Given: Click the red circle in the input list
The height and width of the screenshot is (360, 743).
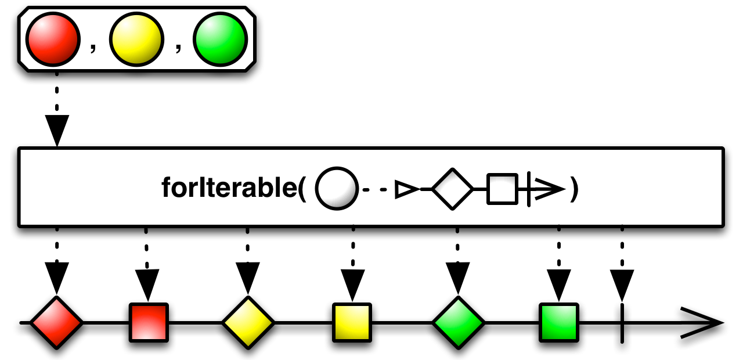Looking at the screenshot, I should [52, 39].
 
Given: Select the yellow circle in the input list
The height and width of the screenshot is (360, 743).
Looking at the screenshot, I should [136, 39].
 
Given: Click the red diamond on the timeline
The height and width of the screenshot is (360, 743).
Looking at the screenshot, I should [56, 322].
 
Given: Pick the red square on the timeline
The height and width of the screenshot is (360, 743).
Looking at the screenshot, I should [149, 322].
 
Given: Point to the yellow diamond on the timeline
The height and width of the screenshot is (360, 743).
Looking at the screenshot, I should [248, 322].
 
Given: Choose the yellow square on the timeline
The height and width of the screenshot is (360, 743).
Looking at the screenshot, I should [352, 322].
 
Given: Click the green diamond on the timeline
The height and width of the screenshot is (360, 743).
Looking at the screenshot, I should [457, 322].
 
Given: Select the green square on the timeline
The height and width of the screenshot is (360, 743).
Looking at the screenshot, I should [559, 322].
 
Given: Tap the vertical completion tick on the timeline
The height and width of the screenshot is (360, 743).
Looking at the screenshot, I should [622, 322].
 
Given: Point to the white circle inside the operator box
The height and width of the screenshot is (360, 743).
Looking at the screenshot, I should [336, 189].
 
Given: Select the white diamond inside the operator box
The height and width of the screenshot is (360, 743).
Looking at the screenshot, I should [453, 189].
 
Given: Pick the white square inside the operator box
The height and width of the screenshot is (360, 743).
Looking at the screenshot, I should [502, 189].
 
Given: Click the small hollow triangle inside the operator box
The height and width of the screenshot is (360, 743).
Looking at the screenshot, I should [406, 189].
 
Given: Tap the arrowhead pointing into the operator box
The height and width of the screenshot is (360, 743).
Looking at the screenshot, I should [57, 130].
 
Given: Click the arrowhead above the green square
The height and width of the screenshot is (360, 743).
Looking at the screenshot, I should [559, 285].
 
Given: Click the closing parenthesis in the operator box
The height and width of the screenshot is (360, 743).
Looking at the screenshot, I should [574, 190].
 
